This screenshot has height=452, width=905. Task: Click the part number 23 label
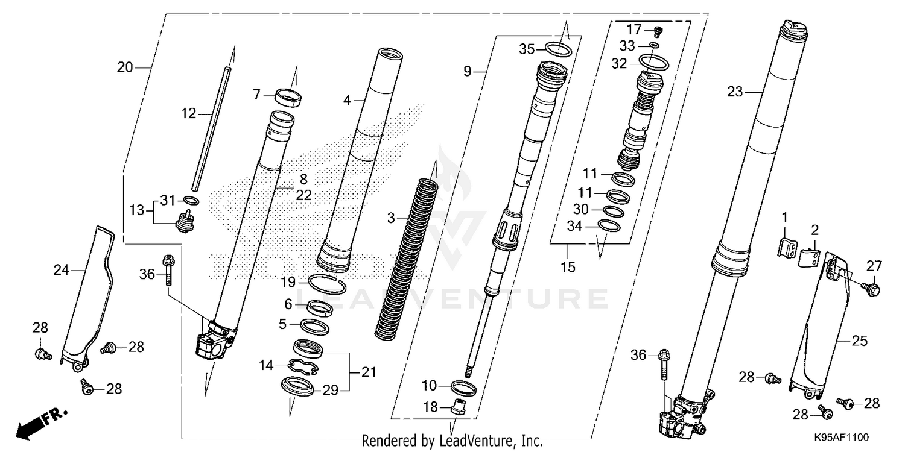point(734,92)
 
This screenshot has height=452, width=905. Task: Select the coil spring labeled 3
point(410,253)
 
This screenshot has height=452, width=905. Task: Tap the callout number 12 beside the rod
point(188,113)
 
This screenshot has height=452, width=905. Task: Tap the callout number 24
point(61,271)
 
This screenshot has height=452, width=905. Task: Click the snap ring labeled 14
point(305,366)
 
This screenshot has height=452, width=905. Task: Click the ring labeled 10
point(464,386)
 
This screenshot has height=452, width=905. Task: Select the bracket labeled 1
point(784,247)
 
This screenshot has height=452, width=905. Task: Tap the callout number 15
point(568,266)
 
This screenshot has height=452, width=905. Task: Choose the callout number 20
point(125,68)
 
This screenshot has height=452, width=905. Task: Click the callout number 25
point(860,341)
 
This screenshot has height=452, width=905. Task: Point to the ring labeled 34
point(609,225)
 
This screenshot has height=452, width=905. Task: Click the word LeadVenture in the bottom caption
point(473,441)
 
